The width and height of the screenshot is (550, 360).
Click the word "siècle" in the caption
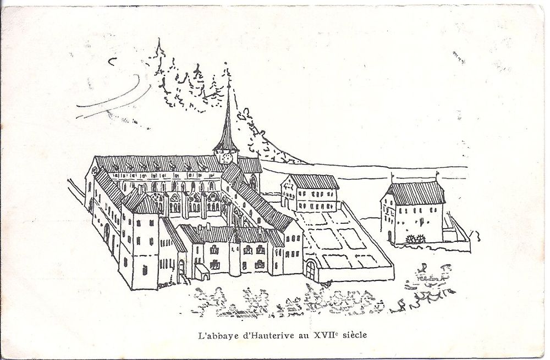tap(354, 335)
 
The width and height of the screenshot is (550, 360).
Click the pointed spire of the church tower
tap(226, 112)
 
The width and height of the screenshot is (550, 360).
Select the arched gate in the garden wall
tap(310, 270)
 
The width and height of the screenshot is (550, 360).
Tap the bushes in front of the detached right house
tap(416, 239)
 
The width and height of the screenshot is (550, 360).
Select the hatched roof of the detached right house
tap(416, 193)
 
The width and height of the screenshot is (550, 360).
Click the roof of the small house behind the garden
tap(313, 181)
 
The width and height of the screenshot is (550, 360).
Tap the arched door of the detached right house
tap(390, 237)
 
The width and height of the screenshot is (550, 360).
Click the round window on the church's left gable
tap(95, 171)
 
